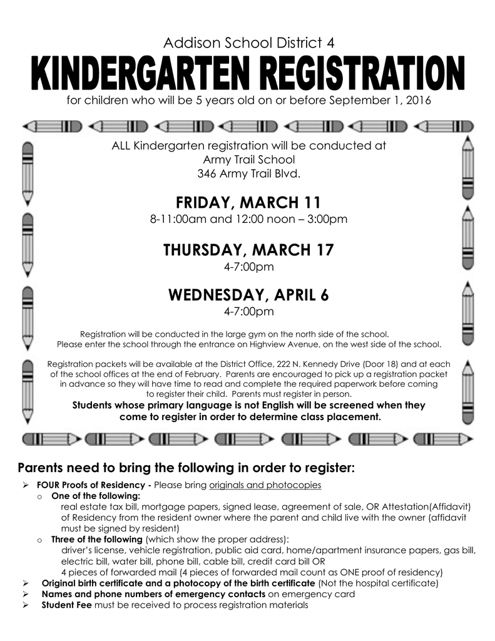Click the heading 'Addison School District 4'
pyautogui.click(x=248, y=43)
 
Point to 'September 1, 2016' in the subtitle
pyautogui.click(x=386, y=101)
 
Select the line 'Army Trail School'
pyautogui.click(x=248, y=160)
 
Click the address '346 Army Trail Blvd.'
pyautogui.click(x=248, y=173)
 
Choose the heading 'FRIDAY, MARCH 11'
pyautogui.click(x=248, y=203)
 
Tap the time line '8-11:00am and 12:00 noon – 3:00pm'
pyautogui.click(x=248, y=220)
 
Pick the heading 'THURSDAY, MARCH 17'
pyautogui.click(x=248, y=250)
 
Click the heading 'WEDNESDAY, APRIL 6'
pyautogui.click(x=248, y=295)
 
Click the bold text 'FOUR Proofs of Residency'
pyautogui.click(x=93, y=485)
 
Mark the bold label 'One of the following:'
pyautogui.click(x=96, y=496)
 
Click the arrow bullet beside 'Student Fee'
pyautogui.click(x=26, y=605)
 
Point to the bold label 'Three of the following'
pyautogui.click(x=97, y=539)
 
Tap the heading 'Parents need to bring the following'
pyautogui.click(x=186, y=468)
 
